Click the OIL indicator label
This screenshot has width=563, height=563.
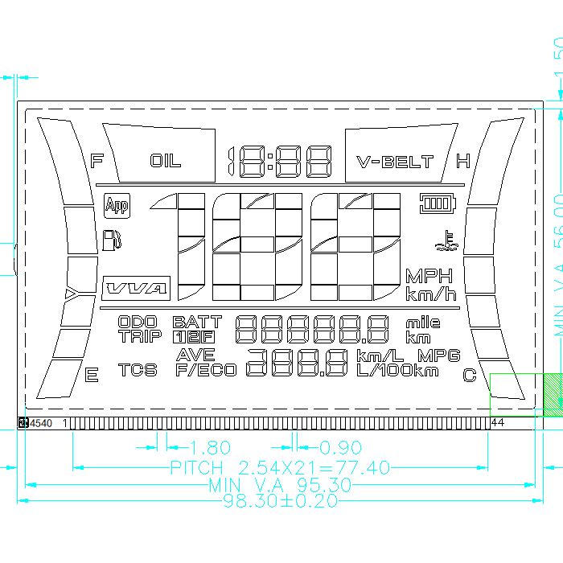166,161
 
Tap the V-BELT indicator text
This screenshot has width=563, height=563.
395,162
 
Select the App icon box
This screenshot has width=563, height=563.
117,206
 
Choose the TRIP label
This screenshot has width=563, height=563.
140,336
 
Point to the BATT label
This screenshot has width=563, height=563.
196,322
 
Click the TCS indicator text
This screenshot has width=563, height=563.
138,370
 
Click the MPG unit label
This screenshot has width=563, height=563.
438,355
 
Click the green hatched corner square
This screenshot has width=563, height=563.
553,394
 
